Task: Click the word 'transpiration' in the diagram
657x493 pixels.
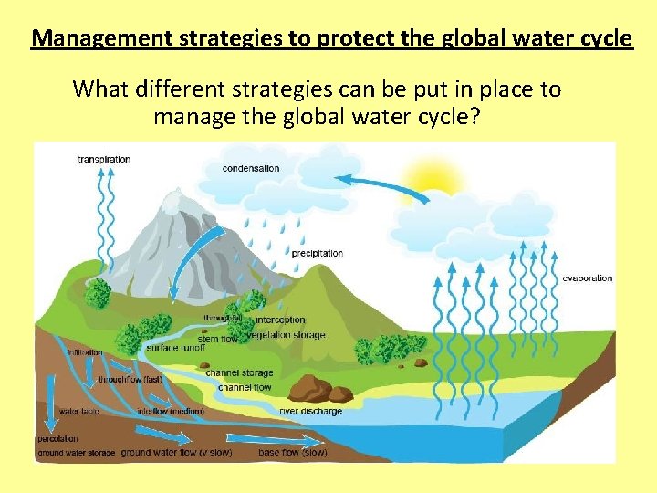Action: click(x=103, y=159)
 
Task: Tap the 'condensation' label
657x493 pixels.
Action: click(x=251, y=168)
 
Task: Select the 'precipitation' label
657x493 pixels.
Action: click(x=317, y=253)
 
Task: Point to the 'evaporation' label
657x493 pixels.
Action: click(x=587, y=278)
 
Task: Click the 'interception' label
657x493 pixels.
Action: click(x=280, y=320)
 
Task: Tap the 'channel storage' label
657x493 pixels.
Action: click(x=239, y=372)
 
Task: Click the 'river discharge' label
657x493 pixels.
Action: click(x=310, y=412)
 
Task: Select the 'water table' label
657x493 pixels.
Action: click(x=78, y=412)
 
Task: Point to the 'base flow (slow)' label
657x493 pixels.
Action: click(x=293, y=452)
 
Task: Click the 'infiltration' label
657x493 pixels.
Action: click(x=85, y=351)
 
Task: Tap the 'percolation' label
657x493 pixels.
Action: click(x=57, y=439)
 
